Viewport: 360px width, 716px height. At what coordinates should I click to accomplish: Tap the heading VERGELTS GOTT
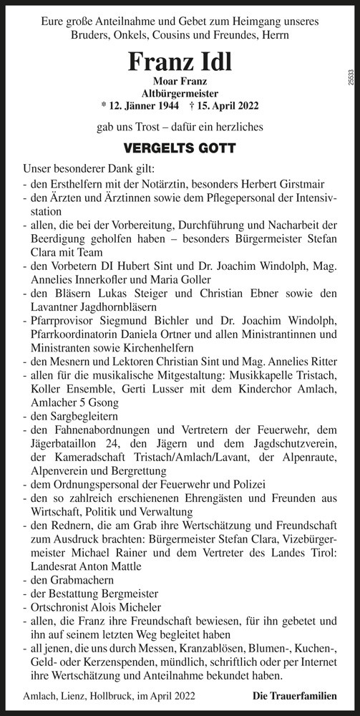(x=180, y=151)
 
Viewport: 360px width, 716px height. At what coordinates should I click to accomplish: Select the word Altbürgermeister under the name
(x=180, y=93)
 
